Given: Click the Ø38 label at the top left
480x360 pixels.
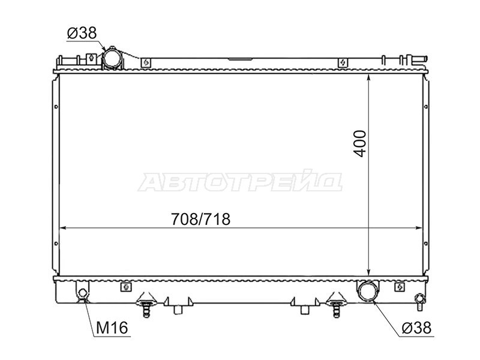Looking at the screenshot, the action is tap(82, 33).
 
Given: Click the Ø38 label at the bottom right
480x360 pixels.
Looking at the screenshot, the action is tap(416, 328).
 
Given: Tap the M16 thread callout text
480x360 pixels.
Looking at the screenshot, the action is tap(112, 328).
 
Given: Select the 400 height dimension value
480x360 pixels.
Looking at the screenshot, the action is tap(361, 143).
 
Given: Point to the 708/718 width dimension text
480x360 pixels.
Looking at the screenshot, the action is tap(200, 219).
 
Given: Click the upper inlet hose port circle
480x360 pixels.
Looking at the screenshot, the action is tap(112, 58).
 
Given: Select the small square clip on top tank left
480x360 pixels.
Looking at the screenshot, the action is tap(146, 63).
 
